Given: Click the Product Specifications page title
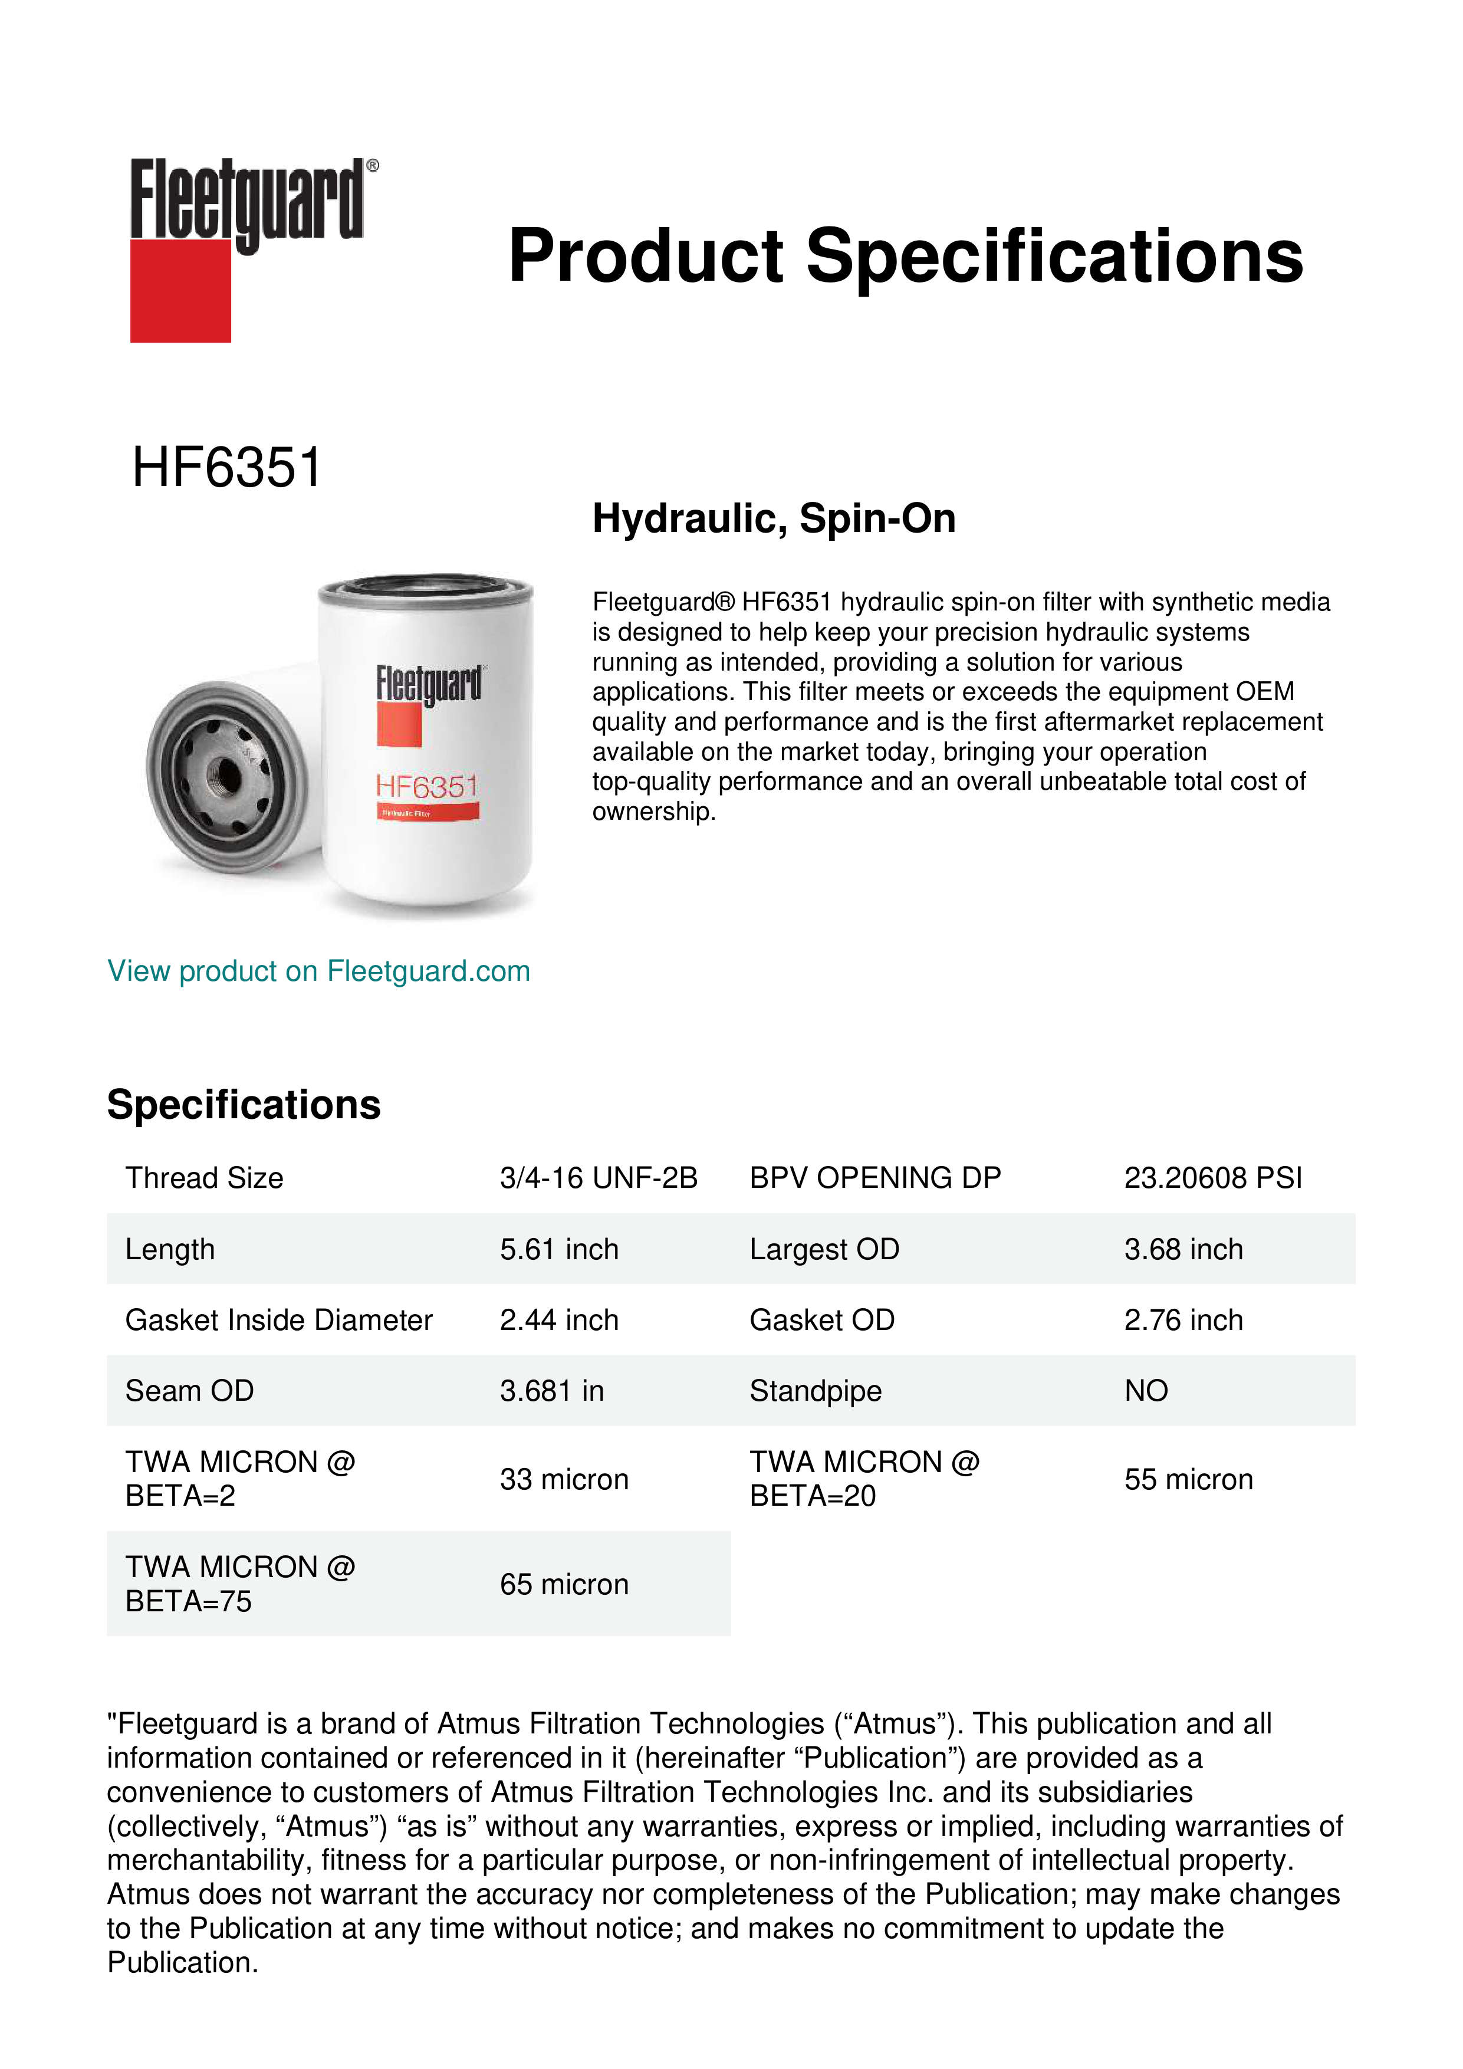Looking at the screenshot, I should coord(905,256).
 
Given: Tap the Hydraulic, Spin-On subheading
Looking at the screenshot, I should coord(774,519).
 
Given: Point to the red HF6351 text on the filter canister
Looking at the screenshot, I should coord(426,787).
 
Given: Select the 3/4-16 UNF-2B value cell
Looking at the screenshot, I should coord(598,1178).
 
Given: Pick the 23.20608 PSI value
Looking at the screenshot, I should coord(1212,1178).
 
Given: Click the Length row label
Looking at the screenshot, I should coord(170,1249).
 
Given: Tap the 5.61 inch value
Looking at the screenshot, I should coord(560,1249).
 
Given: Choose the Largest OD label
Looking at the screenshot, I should coord(824,1249).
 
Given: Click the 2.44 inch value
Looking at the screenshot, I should coord(560,1320).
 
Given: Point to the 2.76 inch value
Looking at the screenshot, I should coord(1183,1320).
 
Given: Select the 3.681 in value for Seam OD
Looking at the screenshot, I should coord(551,1391).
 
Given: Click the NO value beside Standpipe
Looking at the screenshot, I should coord(1146,1391).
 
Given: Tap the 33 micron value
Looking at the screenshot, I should coord(564,1480).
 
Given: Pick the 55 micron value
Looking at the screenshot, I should coord(1188,1480).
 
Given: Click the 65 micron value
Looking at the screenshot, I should coord(564,1584).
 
